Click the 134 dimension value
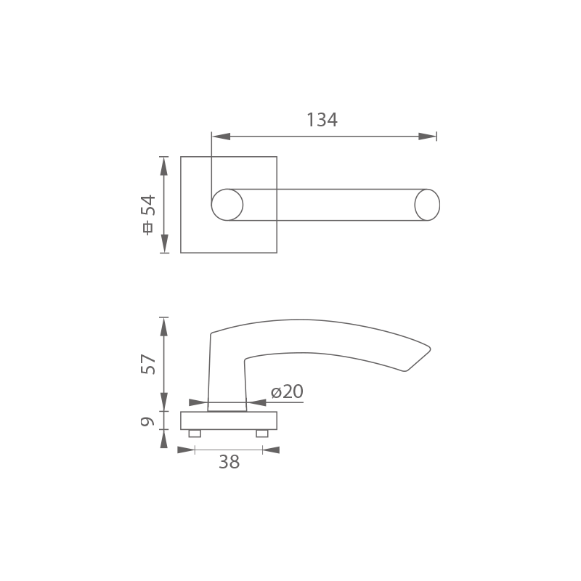click(x=322, y=120)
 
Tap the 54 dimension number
click(x=148, y=205)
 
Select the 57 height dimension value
click(x=148, y=365)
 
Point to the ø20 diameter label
click(x=287, y=391)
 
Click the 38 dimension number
click(x=229, y=462)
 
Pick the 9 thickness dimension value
click(x=147, y=421)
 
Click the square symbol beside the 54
click(x=148, y=228)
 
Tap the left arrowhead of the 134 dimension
click(x=222, y=137)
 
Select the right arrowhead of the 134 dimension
click(x=427, y=137)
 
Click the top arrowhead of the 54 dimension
click(x=164, y=166)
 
